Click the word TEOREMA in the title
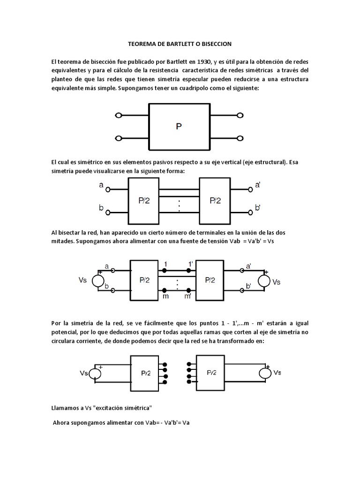click(x=142, y=44)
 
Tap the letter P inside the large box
click(x=179, y=126)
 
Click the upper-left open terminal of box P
click(x=119, y=115)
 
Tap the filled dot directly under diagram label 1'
click(x=188, y=270)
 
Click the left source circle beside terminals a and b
click(x=98, y=280)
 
